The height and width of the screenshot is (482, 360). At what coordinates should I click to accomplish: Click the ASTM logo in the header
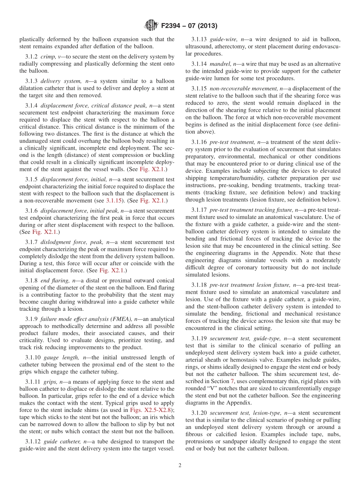coord(151,26)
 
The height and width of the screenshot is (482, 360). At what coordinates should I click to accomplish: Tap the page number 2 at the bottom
coord(180,466)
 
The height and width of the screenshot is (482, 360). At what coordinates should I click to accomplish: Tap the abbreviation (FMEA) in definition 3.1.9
coord(119,319)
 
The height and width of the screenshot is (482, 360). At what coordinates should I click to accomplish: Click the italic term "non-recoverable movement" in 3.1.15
coord(244,89)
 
